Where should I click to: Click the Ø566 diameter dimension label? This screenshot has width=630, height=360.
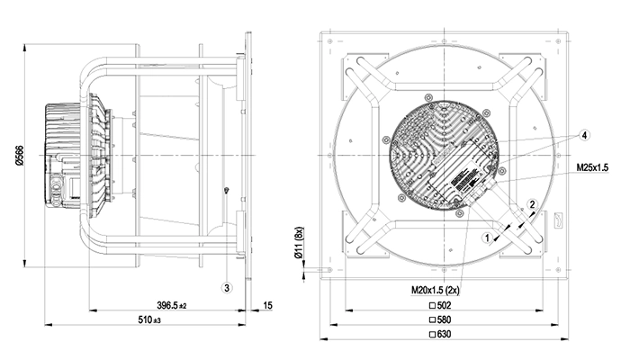[x=19, y=156]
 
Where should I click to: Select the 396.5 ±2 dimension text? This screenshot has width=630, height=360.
[x=172, y=306]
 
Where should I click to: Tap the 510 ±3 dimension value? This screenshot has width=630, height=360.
[x=149, y=319]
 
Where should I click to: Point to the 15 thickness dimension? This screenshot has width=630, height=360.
[x=267, y=305]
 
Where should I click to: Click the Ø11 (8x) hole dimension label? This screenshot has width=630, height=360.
[x=299, y=243]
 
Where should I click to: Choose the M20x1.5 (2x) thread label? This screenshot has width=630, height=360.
[x=435, y=290]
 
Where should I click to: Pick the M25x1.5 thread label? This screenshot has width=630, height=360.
[x=592, y=167]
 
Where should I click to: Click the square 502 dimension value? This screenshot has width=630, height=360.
[x=440, y=305]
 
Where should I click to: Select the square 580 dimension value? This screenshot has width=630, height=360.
[x=440, y=319]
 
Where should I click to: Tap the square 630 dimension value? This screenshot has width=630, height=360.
[x=440, y=334]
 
